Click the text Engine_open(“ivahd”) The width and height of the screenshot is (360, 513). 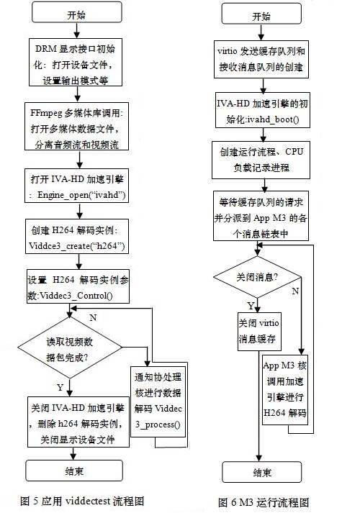coord(81,195)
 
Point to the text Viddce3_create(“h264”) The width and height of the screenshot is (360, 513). coord(77,245)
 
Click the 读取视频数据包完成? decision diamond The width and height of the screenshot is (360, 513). coord(69,348)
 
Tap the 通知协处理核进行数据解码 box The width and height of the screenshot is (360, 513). coord(158,401)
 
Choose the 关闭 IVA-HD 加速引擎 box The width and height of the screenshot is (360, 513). coord(78,422)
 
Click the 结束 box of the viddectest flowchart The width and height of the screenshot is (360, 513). coord(74,471)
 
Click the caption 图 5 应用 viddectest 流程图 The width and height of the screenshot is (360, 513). coord(82,501)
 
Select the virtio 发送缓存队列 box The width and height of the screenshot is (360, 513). coord(261,59)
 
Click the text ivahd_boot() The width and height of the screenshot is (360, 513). coord(274,119)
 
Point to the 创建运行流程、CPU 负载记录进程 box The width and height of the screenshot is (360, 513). coord(261,160)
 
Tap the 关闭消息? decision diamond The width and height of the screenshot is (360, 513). coord(257,277)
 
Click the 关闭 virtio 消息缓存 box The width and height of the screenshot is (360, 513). coord(259,332)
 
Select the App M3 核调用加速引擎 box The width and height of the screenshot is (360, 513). coord(285,390)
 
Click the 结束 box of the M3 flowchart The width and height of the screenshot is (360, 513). coord(261,472)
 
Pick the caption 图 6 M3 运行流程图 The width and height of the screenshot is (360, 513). coord(264,502)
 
